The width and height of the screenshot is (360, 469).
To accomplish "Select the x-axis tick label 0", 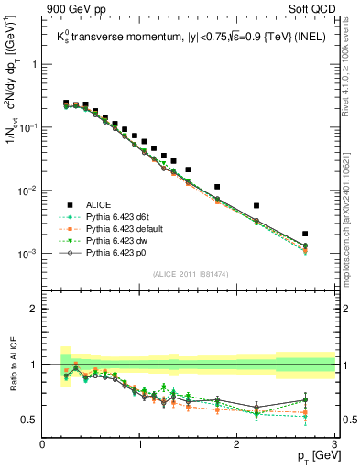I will tap(43, 444).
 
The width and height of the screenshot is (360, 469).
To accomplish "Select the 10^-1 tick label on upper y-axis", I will tap(27, 128).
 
